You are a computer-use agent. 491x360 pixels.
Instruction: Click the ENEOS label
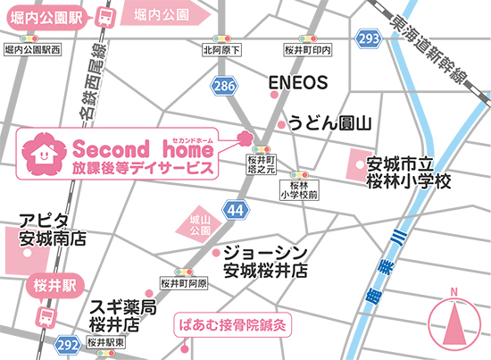click(299, 83)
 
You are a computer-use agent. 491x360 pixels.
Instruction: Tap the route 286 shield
click(223, 86)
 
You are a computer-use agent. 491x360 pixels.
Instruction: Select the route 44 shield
click(235, 209)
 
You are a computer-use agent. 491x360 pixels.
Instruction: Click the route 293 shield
click(368, 38)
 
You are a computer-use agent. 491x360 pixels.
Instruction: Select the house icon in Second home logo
click(41, 154)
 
